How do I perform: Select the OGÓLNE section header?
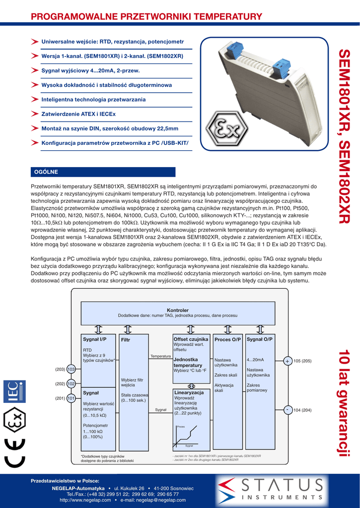coord(45,172)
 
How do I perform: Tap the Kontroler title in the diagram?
coord(177,310)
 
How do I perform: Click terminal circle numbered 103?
coord(71,370)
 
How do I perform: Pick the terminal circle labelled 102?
coord(71,384)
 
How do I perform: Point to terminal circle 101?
coord(71,398)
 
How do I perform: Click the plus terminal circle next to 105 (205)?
coord(288,361)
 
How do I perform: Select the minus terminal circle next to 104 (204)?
coord(288,410)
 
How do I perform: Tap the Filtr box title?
coord(125,340)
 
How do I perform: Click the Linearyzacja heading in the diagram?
coord(189,392)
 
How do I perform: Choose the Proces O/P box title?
coord(227,339)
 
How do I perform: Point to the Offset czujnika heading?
coord(191,339)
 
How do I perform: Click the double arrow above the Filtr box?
coord(128,329)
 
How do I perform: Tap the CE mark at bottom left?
coord(14,452)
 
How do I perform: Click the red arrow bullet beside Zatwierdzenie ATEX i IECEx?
coord(34,114)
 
